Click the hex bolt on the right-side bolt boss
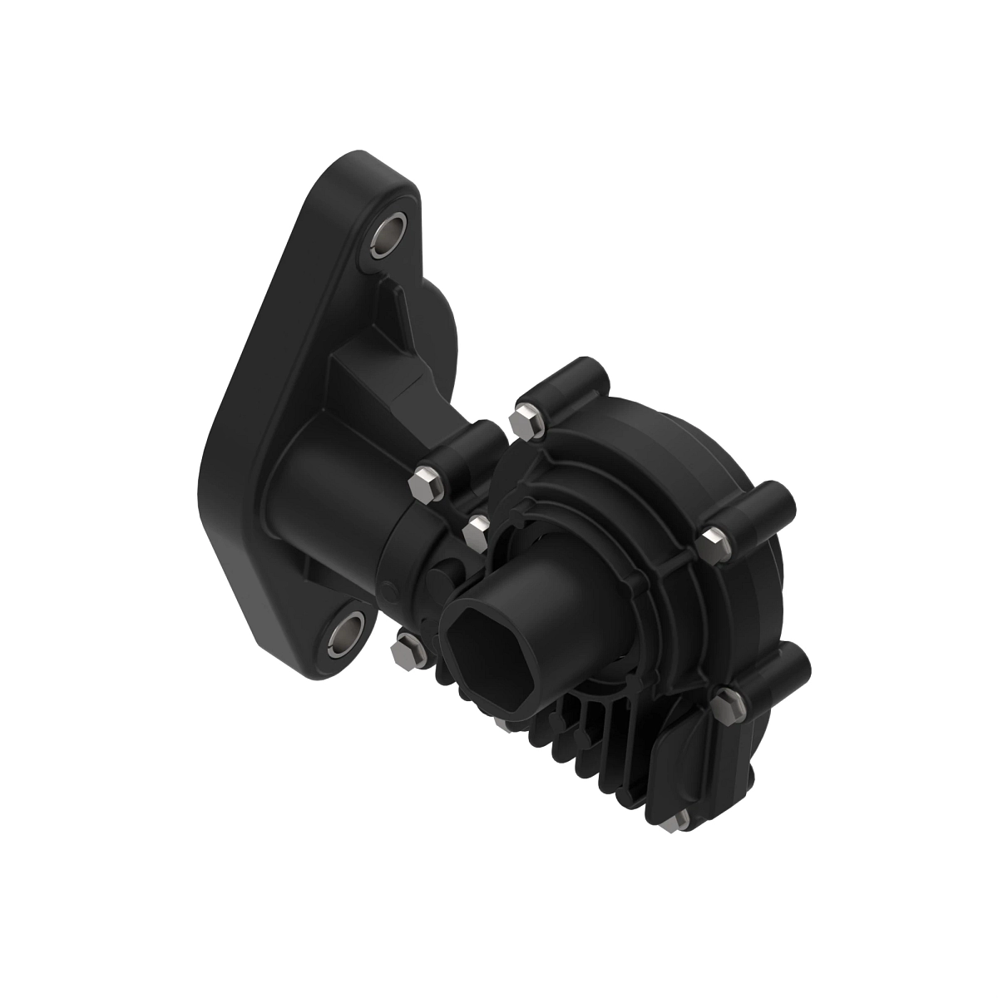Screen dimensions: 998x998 click(713, 541)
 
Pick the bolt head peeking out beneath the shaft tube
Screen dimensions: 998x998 click(505, 722)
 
